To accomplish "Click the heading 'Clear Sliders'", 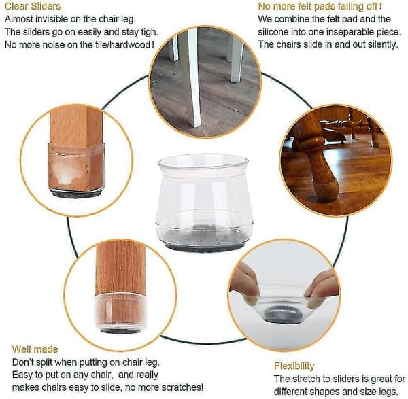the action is [x=33, y=6].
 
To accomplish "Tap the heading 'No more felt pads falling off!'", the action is [x=320, y=6].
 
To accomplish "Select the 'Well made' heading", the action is [x=35, y=349].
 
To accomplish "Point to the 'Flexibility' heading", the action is [x=294, y=366].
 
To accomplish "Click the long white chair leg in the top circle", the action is [x=192, y=78].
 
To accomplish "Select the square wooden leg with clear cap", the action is [x=76, y=151].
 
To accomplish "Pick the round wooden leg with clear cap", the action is [x=121, y=286].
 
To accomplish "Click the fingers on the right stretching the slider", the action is [x=322, y=286].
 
